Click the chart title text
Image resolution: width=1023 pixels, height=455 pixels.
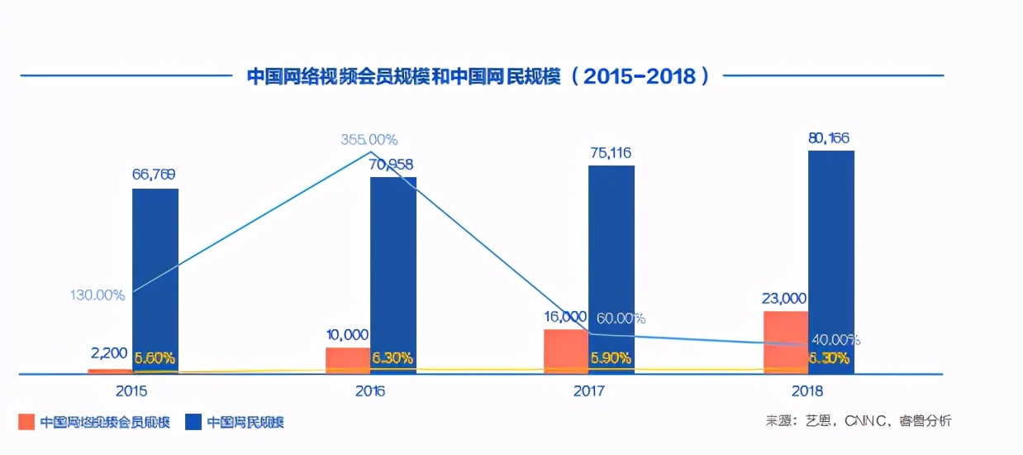[x=478, y=76]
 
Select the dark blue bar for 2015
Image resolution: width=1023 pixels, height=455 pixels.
[x=155, y=281]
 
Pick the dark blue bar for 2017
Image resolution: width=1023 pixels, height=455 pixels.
[x=611, y=269]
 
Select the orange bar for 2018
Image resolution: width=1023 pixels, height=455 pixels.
[x=786, y=342]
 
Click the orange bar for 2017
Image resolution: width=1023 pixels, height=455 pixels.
[x=566, y=351]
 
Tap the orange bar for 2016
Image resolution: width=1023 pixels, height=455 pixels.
[x=348, y=360]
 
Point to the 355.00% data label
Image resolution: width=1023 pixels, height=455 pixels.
[x=369, y=140]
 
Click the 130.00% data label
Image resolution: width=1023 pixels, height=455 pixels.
[x=98, y=295]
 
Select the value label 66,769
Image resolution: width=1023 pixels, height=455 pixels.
[x=154, y=175]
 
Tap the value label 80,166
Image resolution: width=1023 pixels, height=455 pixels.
[x=829, y=137]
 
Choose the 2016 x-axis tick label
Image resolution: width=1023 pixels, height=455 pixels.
[x=370, y=390]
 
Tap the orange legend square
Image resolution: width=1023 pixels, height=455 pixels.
[x=26, y=422]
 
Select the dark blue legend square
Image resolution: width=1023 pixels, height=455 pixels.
[x=193, y=422]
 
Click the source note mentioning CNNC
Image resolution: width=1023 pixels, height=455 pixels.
[x=859, y=421]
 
